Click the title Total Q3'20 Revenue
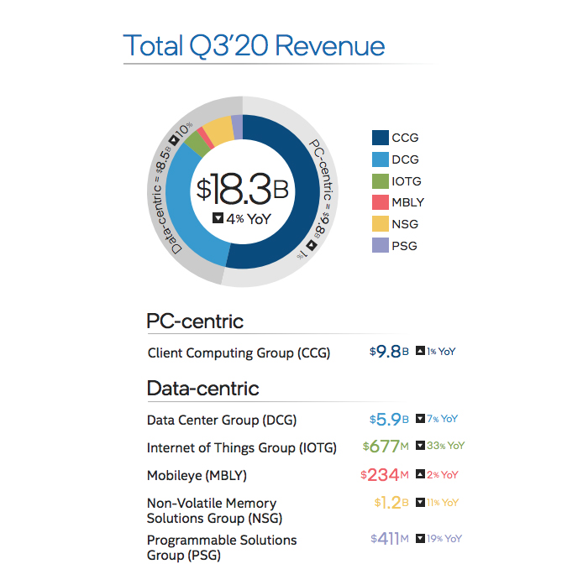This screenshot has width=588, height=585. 254,45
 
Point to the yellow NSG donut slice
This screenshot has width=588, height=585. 218,131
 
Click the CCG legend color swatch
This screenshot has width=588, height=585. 380,138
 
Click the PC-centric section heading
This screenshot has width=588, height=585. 195,321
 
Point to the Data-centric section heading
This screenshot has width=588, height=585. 202,389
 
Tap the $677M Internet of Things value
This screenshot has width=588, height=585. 386,447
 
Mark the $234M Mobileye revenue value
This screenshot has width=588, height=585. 384,475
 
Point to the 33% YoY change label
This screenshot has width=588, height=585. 440,447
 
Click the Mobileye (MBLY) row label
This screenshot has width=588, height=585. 197,476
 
